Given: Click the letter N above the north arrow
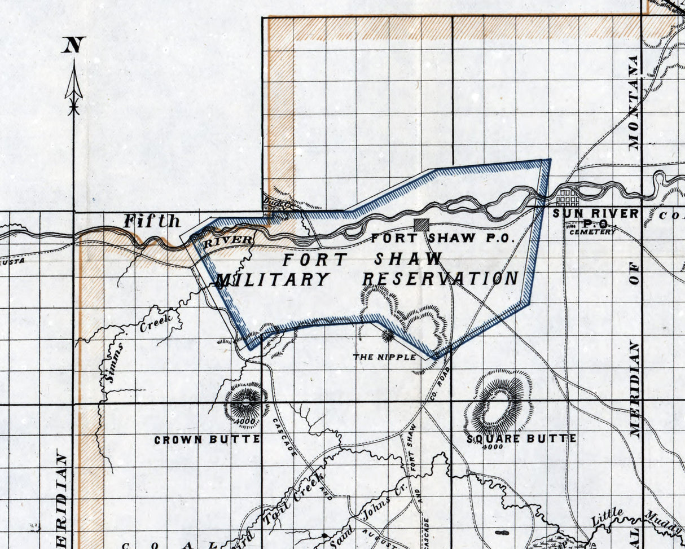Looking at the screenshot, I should [73, 45].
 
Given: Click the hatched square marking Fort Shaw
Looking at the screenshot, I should [420, 225].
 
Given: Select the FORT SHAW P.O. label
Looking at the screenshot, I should [442, 238].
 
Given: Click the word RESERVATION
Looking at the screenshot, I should [440, 278].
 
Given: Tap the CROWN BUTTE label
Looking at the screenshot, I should [207, 439].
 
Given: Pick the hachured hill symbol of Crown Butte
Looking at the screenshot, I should [246, 402].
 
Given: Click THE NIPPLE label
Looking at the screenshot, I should [385, 357].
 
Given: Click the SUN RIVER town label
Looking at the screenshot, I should [595, 214].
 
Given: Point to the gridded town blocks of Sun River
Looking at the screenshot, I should [567, 198].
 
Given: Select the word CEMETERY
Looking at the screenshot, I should [592, 232].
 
